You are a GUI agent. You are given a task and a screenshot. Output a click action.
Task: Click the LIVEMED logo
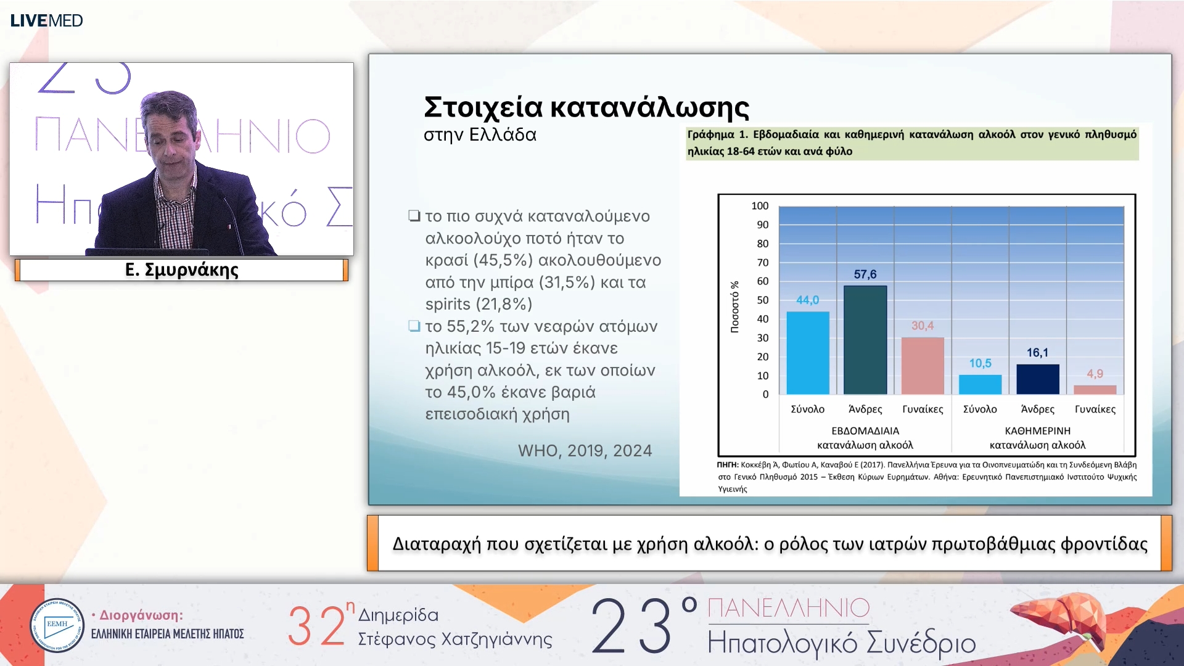tap(46, 20)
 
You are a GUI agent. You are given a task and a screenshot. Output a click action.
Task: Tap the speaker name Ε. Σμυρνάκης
tap(181, 270)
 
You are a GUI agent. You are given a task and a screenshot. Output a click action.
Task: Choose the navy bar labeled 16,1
tap(1038, 379)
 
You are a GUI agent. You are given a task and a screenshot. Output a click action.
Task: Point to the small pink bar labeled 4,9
tap(1095, 390)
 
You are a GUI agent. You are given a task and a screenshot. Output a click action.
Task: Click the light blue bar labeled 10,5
tap(980, 384)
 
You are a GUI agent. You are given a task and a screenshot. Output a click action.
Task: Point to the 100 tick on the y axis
tap(760, 206)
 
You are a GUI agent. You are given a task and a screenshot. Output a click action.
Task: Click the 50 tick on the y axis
tap(763, 300)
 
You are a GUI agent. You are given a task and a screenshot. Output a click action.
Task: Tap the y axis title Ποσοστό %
tap(734, 307)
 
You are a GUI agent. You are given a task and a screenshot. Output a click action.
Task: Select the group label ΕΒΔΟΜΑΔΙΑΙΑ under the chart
tap(865, 430)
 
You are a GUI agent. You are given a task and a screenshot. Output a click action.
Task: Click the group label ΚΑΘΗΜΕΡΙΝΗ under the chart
tap(1037, 430)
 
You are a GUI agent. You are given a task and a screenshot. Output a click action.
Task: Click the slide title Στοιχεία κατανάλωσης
tap(586, 107)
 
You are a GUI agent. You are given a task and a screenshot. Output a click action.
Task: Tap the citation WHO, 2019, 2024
tap(585, 451)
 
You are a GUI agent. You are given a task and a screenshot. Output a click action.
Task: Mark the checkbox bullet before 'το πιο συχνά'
tap(414, 216)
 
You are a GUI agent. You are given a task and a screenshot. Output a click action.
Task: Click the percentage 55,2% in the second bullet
tap(471, 326)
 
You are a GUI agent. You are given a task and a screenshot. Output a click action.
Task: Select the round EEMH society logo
tap(57, 625)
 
